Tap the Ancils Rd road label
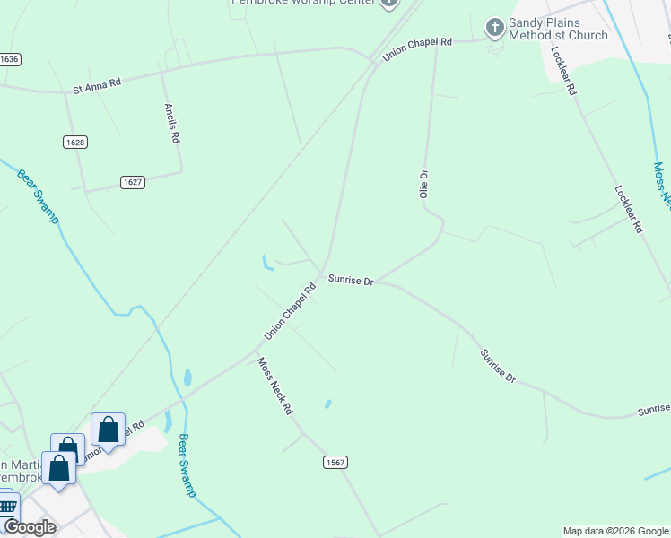(x=172, y=123)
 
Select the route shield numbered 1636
(x=10, y=58)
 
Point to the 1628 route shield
(x=75, y=142)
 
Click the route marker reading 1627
(x=133, y=182)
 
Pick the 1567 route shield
(x=335, y=462)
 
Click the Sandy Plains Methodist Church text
(x=557, y=29)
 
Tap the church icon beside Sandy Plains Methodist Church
(x=494, y=28)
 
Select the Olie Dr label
(x=424, y=184)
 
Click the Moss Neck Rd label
(x=275, y=386)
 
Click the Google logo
(x=30, y=527)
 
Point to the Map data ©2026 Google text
(x=615, y=531)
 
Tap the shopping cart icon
(x=7, y=507)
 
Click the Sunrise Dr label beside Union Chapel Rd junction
(x=350, y=280)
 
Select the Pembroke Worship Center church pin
(x=388, y=3)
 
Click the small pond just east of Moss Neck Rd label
(x=328, y=403)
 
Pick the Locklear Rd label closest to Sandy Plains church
(x=564, y=72)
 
